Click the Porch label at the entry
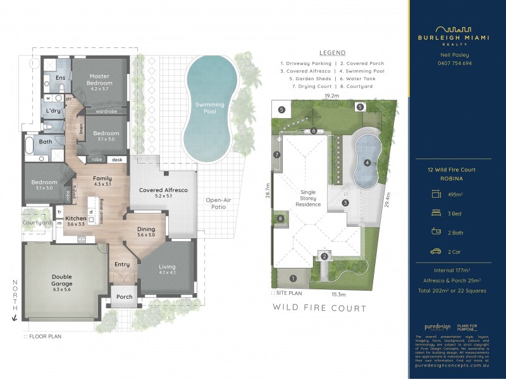pos(125,296)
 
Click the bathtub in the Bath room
pos(30,147)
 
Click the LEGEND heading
pos(332,53)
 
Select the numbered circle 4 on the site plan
pos(367,162)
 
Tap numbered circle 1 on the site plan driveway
pos(293,278)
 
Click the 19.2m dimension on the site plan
pos(332,95)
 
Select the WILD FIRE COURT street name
pos(319,308)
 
